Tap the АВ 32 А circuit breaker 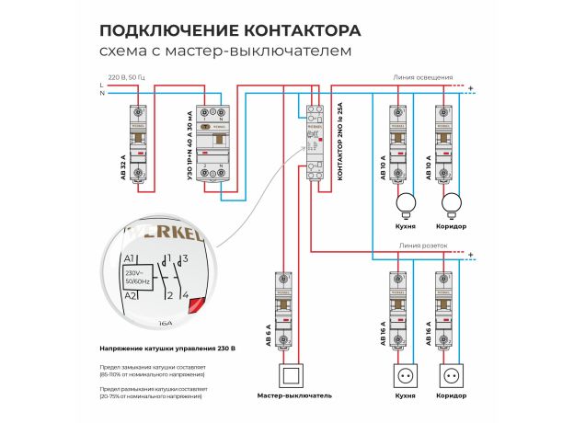[139, 142]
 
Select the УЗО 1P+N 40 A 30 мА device [213, 142]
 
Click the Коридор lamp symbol [451, 202]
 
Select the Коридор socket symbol [451, 376]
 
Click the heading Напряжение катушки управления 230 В [166, 349]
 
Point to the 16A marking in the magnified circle [165, 323]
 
